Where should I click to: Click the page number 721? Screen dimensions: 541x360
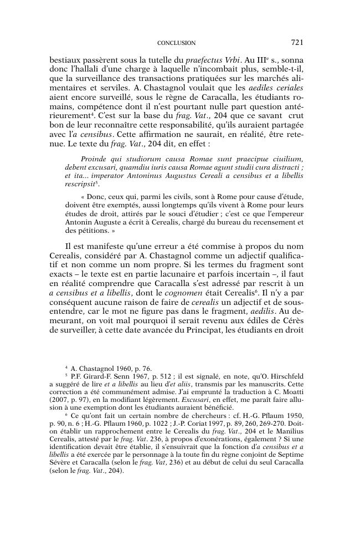pyautogui.click(x=296, y=42)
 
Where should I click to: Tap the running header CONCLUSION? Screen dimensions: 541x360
pyautogui.click(x=176, y=43)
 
